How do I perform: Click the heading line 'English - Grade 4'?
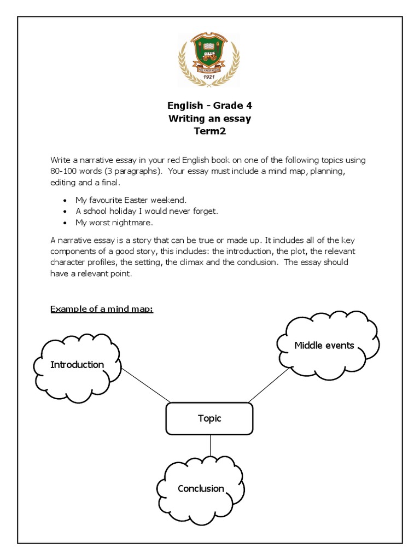click(209, 106)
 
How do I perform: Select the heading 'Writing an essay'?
click(209, 118)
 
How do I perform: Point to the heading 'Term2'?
click(209, 131)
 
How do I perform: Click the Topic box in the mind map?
click(209, 418)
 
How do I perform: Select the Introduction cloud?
click(77, 365)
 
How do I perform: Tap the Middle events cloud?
click(324, 345)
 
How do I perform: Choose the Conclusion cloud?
click(201, 488)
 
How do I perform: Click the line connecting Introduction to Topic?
click(145, 384)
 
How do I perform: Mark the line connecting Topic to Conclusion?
click(211, 445)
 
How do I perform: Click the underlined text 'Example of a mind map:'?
click(102, 309)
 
